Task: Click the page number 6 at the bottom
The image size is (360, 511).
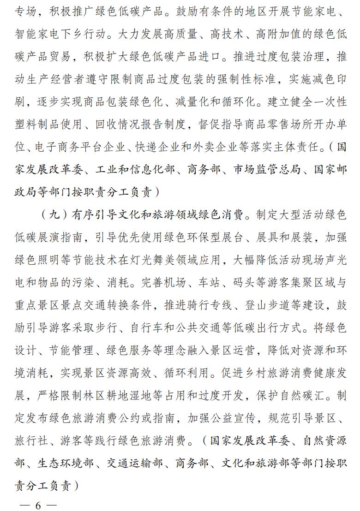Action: click(38, 504)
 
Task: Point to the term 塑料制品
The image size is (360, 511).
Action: click(38, 124)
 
